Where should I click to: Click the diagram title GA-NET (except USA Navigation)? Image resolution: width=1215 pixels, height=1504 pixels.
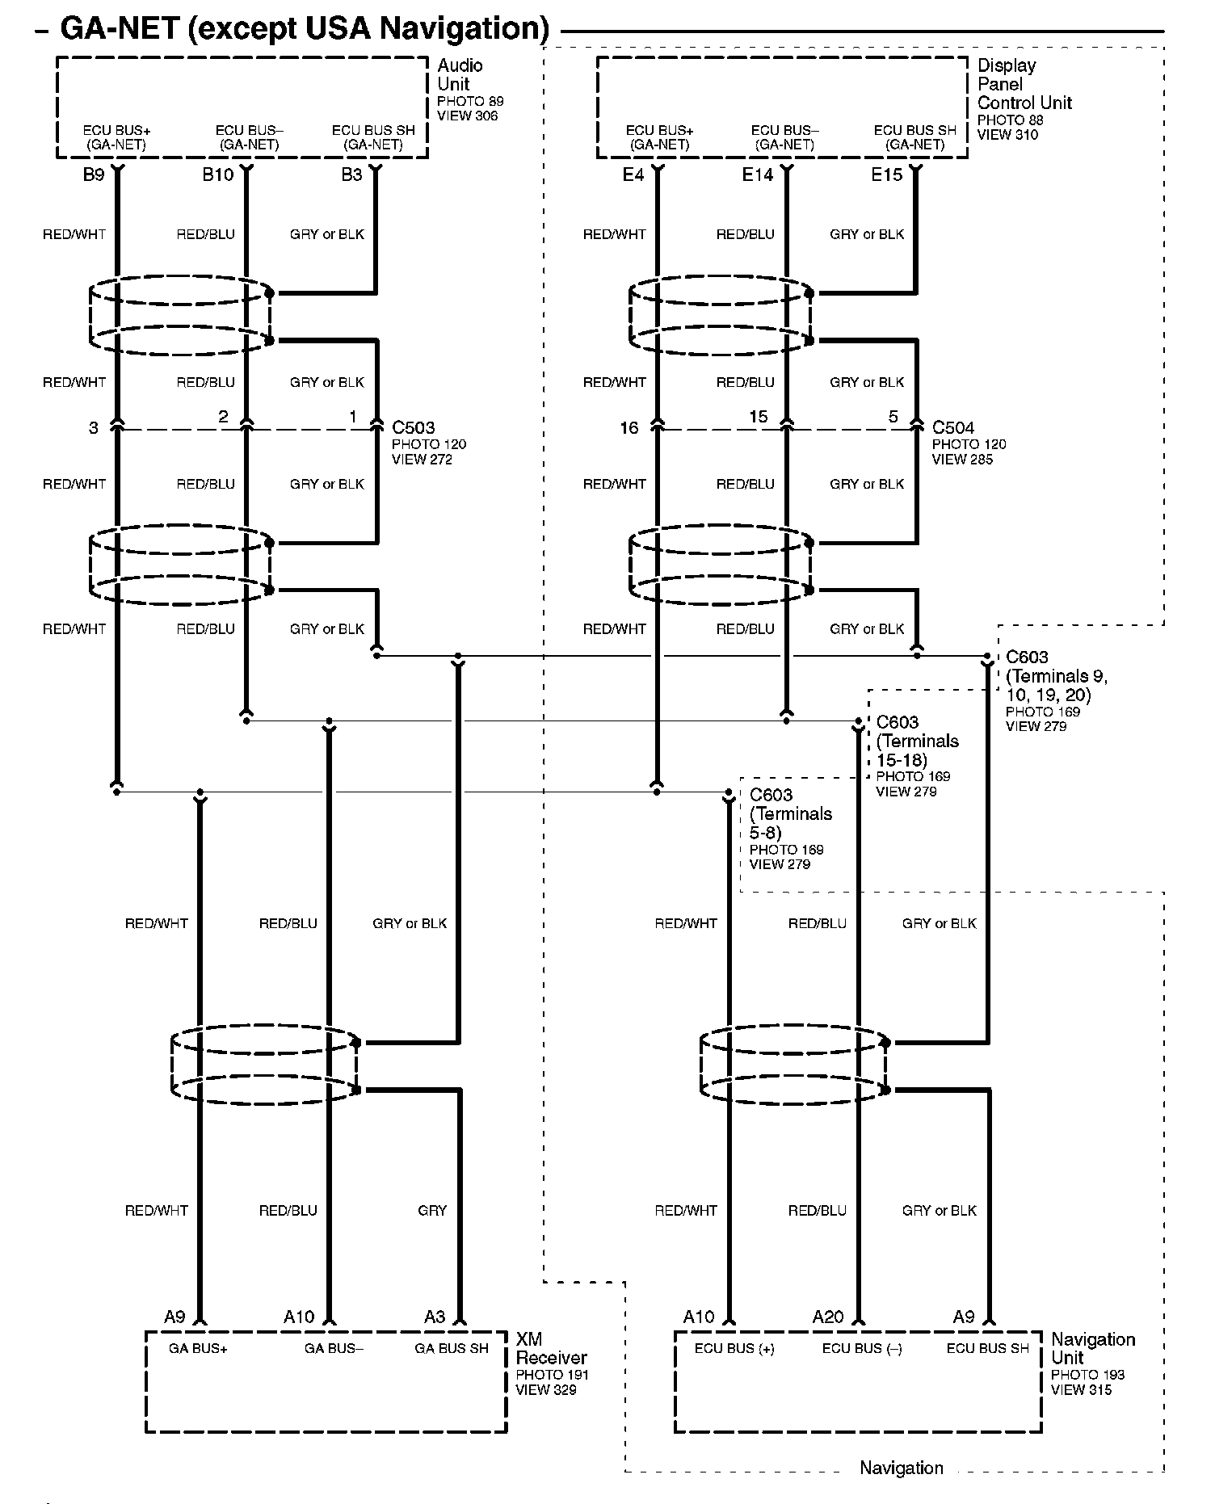click(x=305, y=28)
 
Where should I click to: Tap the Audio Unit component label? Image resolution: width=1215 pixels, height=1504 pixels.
click(x=460, y=74)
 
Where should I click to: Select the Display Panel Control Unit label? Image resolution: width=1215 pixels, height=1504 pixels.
click(x=1024, y=84)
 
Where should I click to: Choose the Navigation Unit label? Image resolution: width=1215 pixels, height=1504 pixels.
click(x=1092, y=1348)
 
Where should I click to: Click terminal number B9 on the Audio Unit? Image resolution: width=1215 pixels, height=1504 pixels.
click(x=94, y=174)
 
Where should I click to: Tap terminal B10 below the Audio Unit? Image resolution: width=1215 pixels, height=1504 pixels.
click(x=217, y=174)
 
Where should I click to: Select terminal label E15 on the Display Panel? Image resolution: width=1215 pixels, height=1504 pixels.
click(x=886, y=174)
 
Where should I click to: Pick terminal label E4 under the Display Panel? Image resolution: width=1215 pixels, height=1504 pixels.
click(x=633, y=174)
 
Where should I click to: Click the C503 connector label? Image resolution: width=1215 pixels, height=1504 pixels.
click(x=413, y=427)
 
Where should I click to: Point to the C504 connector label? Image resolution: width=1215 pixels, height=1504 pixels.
click(x=953, y=427)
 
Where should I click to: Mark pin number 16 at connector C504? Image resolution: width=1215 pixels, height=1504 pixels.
click(x=629, y=428)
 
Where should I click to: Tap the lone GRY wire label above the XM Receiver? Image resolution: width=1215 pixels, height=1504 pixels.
click(x=432, y=1210)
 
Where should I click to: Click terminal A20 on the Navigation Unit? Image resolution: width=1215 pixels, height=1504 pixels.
click(x=827, y=1317)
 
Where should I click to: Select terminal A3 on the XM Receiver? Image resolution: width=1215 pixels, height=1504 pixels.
click(x=435, y=1317)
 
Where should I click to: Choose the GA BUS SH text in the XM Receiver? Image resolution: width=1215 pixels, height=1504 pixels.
click(x=451, y=1348)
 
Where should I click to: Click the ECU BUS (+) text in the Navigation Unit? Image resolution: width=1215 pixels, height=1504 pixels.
click(x=734, y=1348)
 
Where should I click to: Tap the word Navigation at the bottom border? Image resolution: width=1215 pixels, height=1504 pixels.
click(x=901, y=1468)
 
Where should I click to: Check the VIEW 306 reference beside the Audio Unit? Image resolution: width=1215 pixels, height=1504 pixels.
click(x=467, y=116)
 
